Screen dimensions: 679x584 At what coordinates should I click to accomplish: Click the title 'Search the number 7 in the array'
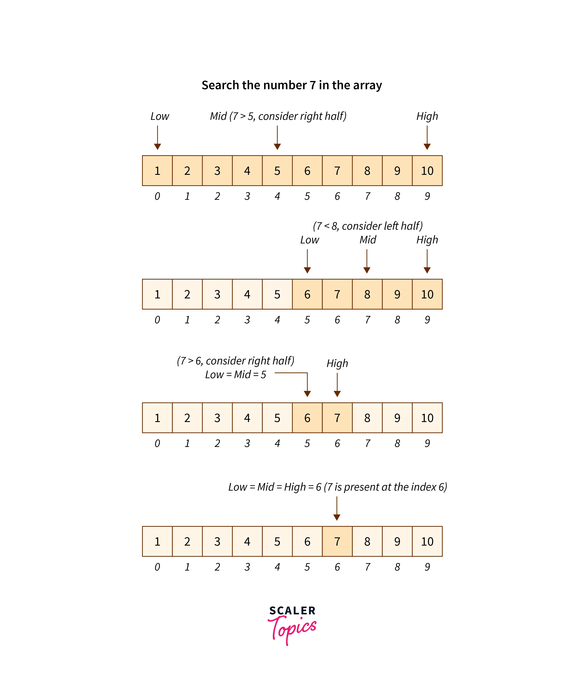(x=291, y=85)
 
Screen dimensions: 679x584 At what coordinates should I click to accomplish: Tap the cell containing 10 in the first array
(x=427, y=171)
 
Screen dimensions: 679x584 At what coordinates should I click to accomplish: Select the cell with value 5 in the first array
(x=277, y=171)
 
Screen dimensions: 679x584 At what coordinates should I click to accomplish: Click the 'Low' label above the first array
(x=160, y=116)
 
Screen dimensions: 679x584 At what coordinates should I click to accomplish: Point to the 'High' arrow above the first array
(x=427, y=138)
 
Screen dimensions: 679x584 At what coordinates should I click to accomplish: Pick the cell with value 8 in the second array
(x=367, y=294)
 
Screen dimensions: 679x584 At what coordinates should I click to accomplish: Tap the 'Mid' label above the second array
(x=368, y=240)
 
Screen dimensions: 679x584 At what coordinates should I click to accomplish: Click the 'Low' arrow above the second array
(x=307, y=261)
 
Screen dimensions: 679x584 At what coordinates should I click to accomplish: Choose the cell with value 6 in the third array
(x=307, y=418)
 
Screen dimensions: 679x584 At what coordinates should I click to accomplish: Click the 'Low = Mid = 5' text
(x=235, y=375)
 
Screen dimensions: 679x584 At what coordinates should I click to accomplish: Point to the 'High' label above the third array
(x=337, y=363)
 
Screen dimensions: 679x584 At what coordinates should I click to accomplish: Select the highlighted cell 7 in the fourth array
(x=337, y=541)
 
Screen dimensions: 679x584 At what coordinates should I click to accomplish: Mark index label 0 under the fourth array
(x=157, y=567)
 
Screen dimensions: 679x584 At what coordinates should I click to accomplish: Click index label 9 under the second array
(x=427, y=320)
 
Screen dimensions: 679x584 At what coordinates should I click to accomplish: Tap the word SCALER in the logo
(x=292, y=611)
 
